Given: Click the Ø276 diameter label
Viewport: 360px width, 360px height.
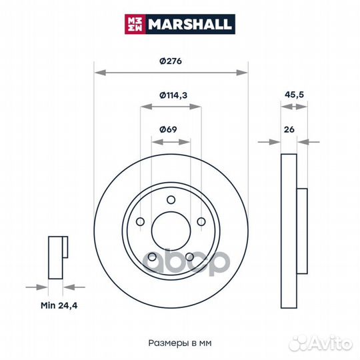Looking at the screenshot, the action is (171, 61).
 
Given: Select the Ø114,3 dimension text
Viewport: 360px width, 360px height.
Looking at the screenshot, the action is (173, 95).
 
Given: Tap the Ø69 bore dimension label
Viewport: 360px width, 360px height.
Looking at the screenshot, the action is (168, 129).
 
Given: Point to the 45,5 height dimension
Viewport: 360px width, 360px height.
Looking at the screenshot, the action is (294, 95).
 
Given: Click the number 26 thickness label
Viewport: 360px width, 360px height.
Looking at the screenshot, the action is (289, 129).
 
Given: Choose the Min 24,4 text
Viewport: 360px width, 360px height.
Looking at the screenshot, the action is (59, 305).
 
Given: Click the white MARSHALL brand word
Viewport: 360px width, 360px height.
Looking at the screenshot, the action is (189, 24).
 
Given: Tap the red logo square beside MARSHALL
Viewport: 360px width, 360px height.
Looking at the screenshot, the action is (135, 24).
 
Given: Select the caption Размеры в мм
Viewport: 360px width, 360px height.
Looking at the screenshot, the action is (180, 343).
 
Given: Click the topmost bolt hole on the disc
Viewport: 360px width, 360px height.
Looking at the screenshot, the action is (171, 200).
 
